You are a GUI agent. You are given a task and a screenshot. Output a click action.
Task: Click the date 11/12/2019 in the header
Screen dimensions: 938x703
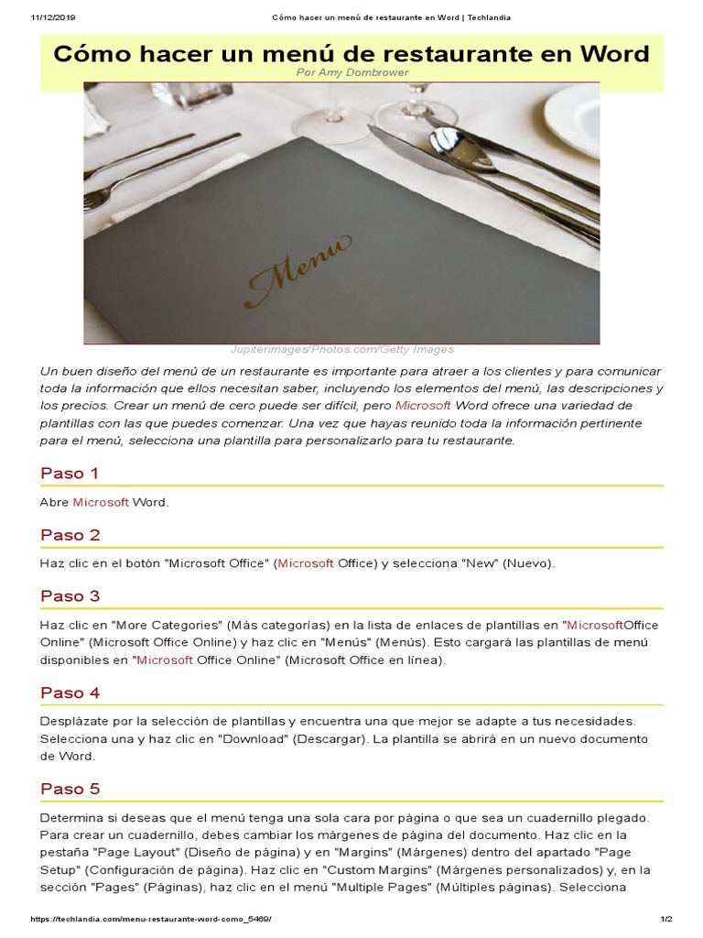(x=52, y=16)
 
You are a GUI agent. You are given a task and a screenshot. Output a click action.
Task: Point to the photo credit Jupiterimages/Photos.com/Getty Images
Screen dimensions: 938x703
(x=341, y=349)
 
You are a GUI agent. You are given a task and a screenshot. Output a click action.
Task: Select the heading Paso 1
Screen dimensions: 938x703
(x=70, y=474)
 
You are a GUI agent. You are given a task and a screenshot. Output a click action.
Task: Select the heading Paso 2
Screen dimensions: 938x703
(x=70, y=535)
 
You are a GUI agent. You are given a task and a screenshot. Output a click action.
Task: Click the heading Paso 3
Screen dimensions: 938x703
(x=70, y=596)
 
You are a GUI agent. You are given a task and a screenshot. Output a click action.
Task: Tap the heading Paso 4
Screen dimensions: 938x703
(x=70, y=693)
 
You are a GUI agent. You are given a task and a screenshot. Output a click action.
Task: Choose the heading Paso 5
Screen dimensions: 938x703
(x=70, y=789)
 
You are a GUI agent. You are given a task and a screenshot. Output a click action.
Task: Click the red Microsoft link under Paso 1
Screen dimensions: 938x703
(x=101, y=502)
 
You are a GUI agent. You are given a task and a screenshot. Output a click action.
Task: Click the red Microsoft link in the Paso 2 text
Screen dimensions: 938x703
(x=306, y=563)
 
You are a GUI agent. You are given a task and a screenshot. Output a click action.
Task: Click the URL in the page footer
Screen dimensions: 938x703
(x=151, y=919)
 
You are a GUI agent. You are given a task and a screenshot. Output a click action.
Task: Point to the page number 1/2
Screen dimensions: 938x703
(x=665, y=919)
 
